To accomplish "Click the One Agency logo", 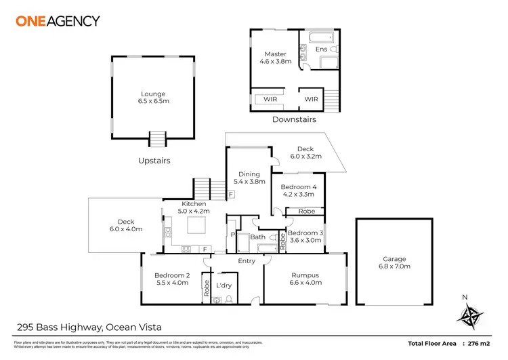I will click(58, 21).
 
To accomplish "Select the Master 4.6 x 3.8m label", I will click(275, 58).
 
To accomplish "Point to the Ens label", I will click(321, 49).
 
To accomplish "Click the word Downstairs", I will click(294, 119).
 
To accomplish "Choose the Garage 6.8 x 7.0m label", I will click(394, 263).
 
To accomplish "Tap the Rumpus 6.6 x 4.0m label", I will click(305, 279).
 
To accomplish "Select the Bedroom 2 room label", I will click(171, 279).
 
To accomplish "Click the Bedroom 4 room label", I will click(298, 191).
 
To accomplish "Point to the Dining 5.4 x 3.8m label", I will click(247, 178).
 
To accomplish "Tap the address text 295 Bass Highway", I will click(58, 327).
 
